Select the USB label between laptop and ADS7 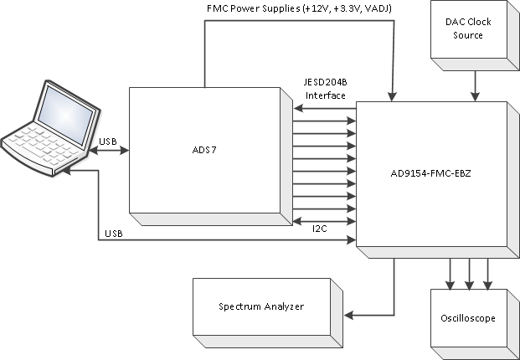point(109,141)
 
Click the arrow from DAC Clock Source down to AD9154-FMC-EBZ point(476,84)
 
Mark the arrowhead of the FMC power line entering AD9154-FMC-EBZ point(391,95)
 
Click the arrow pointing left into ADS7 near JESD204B point(298,109)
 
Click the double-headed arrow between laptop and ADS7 point(108,152)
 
